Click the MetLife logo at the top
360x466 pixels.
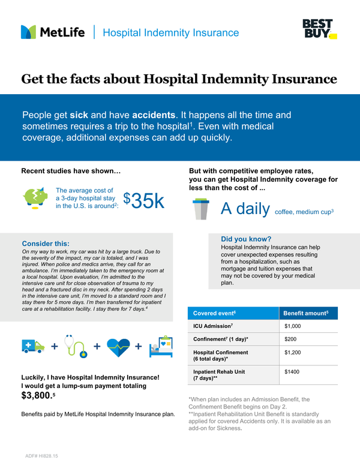(53, 32)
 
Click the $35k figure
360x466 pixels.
(143, 202)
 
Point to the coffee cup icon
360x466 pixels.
(200, 208)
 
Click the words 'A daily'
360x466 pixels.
(244, 208)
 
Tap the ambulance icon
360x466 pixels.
(32, 346)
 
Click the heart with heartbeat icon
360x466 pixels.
(117, 347)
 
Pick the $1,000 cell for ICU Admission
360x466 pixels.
(293, 326)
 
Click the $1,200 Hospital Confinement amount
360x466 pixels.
(293, 353)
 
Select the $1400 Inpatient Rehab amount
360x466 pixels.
(292, 372)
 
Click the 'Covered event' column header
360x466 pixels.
(214, 313)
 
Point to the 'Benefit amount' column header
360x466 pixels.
(305, 313)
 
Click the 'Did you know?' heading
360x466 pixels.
(246, 238)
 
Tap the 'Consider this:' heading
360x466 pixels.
(45, 243)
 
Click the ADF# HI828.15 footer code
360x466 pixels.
(41, 456)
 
